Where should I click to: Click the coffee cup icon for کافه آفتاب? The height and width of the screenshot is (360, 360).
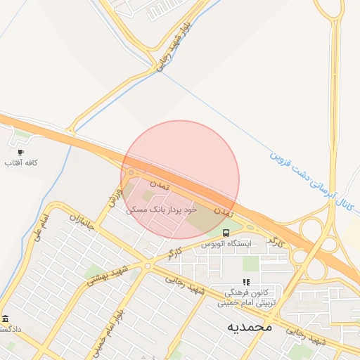tap(20, 152)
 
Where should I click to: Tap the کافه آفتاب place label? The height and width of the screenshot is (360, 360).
tap(20, 163)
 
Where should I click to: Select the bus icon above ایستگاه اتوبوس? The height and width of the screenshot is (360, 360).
tap(226, 233)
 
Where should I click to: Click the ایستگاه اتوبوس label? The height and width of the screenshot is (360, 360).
tap(226, 244)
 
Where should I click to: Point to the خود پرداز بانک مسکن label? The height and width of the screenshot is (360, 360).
tap(162, 210)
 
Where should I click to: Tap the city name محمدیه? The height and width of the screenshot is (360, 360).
tap(250, 327)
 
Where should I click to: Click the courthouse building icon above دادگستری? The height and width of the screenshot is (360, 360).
tap(6, 319)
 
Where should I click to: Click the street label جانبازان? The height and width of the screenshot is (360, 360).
tap(81, 223)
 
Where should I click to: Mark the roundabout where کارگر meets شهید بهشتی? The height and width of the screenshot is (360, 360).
tap(148, 265)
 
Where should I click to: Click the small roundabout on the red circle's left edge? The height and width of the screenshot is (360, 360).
tap(129, 173)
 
